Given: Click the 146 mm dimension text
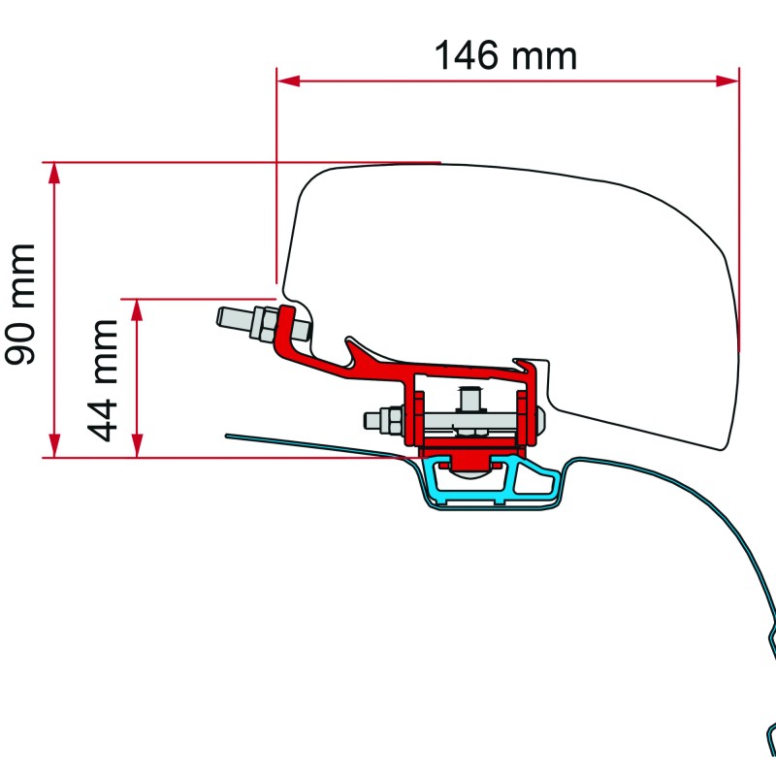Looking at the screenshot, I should [x=504, y=55].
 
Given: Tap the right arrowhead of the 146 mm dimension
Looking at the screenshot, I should [x=728, y=81].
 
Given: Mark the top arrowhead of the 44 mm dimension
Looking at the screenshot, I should [x=138, y=309].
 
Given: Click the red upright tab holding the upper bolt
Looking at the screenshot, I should [x=287, y=325].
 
